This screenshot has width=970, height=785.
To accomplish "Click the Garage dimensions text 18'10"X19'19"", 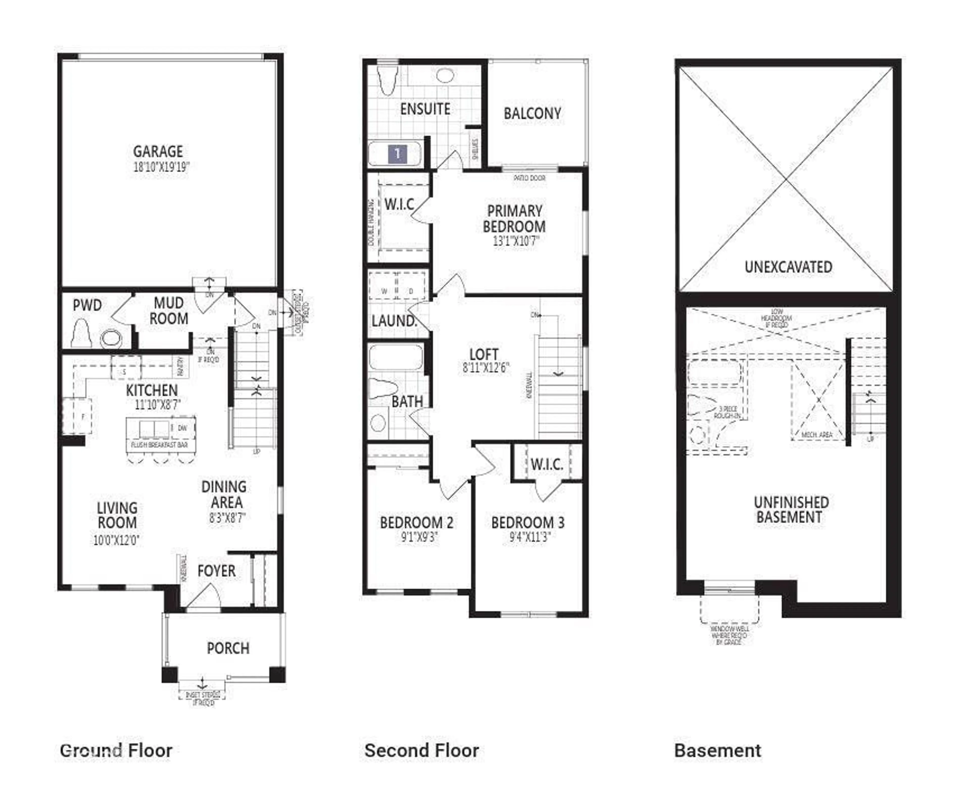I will tap(161, 167).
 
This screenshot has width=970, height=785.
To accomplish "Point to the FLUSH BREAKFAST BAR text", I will tap(160, 445).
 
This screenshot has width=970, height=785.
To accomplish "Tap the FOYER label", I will tap(216, 571).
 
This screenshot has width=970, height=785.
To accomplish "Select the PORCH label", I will tap(228, 648).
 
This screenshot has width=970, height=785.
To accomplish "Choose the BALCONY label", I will tap(532, 113).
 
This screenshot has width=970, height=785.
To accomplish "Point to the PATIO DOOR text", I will tap(529, 178).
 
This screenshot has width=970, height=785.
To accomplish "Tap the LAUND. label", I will tap(394, 321).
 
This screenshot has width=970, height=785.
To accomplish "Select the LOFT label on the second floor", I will tap(484, 354).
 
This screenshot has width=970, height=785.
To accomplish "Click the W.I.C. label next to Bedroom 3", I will tap(547, 464).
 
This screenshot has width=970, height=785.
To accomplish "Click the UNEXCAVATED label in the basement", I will tap(788, 267).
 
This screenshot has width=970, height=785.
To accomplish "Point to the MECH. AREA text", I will tap(817, 434).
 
